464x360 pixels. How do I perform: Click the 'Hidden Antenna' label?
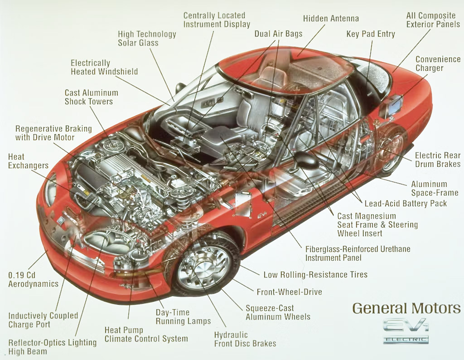(x=331, y=19)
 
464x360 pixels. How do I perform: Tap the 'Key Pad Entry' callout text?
(x=371, y=34)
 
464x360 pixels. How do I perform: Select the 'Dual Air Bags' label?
(x=278, y=34)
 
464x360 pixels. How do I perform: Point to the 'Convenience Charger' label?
(x=438, y=64)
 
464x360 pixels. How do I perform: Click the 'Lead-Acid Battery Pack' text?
(x=406, y=203)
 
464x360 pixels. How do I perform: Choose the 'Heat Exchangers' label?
(x=28, y=161)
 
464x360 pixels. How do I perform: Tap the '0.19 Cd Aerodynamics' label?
(x=33, y=279)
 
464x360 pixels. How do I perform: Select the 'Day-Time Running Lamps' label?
(x=183, y=316)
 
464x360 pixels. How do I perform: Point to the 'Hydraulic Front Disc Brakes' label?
(x=245, y=339)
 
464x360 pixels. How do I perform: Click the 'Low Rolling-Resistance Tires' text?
(x=315, y=274)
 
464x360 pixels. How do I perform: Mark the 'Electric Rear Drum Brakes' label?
(x=438, y=160)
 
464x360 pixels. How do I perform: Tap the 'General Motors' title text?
(x=406, y=308)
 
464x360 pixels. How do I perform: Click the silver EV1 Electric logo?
(x=406, y=331)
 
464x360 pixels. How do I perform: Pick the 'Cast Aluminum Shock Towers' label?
(x=91, y=97)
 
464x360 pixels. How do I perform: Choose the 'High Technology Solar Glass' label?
(x=147, y=39)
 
